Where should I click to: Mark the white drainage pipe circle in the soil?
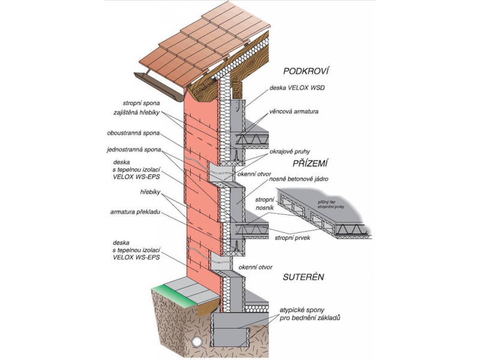tap(197, 341)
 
